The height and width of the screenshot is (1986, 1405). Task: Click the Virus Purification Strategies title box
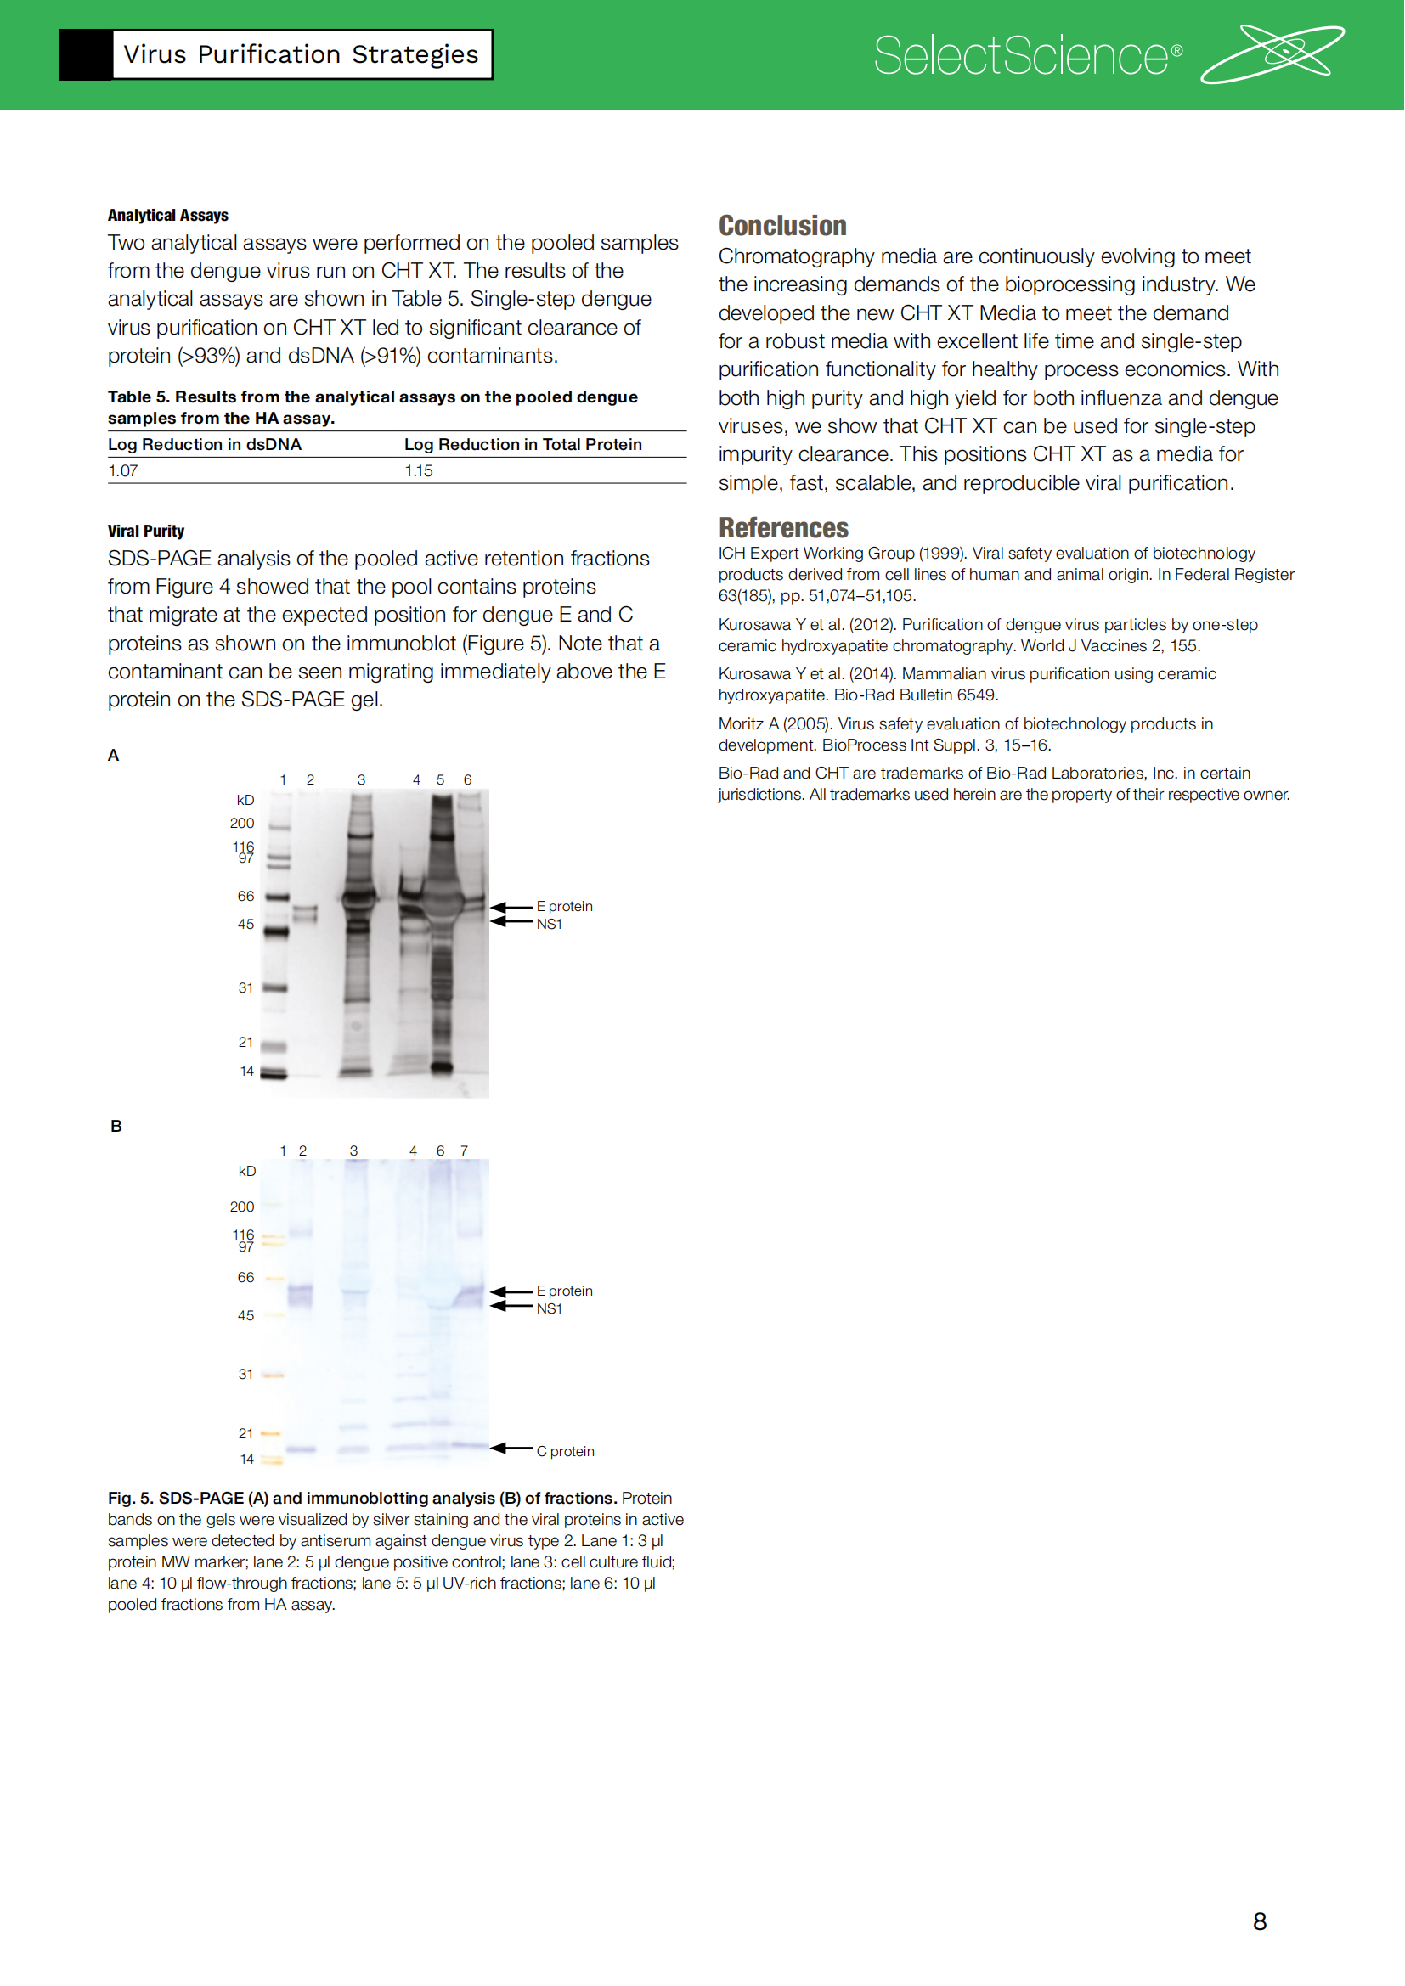pyautogui.click(x=301, y=54)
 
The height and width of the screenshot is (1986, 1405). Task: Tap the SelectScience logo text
pyautogui.click(x=1028, y=56)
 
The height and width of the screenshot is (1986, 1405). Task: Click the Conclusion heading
pyautogui.click(x=782, y=226)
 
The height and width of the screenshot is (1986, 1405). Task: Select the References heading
pyautogui.click(x=783, y=527)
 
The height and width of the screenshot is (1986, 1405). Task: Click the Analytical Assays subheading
pyautogui.click(x=168, y=216)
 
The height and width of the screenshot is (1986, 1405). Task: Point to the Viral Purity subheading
pyautogui.click(x=145, y=531)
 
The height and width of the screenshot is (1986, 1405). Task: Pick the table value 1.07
pyautogui.click(x=123, y=470)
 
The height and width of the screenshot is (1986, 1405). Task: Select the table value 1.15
pyautogui.click(x=419, y=470)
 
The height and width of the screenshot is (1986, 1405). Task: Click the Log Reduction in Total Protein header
pyautogui.click(x=522, y=445)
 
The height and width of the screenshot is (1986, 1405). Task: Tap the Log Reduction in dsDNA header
pyautogui.click(x=204, y=445)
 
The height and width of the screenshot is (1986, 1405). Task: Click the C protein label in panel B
pyautogui.click(x=565, y=1451)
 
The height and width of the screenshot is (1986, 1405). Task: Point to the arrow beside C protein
pyautogui.click(x=511, y=1448)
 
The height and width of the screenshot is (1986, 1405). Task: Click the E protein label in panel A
pyautogui.click(x=564, y=907)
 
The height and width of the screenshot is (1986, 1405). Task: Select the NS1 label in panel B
pyautogui.click(x=550, y=1308)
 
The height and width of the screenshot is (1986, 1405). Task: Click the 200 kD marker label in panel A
pyautogui.click(x=242, y=824)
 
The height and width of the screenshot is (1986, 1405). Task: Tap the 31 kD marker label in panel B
pyautogui.click(x=245, y=1375)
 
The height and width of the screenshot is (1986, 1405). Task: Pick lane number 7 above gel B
pyautogui.click(x=465, y=1151)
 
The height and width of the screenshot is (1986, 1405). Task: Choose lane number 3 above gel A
pyautogui.click(x=362, y=780)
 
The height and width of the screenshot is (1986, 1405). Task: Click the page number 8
pyautogui.click(x=1260, y=1921)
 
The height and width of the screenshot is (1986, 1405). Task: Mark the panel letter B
pyautogui.click(x=116, y=1126)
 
